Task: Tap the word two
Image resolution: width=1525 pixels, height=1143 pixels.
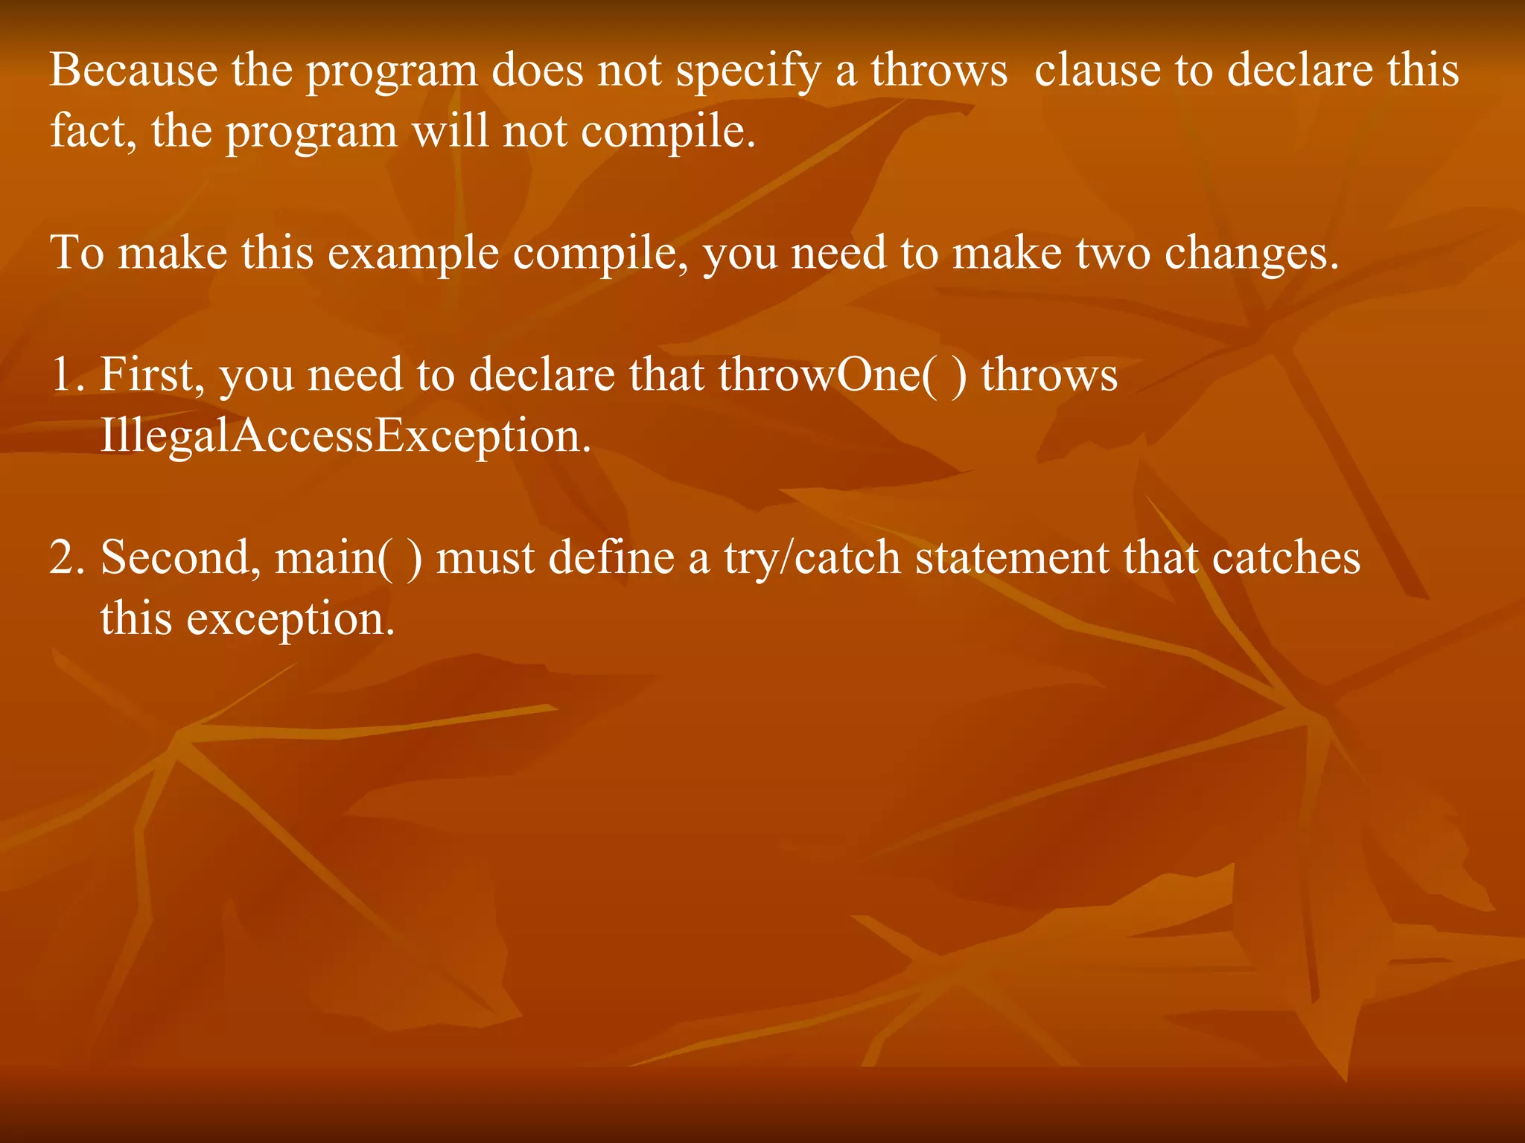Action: click(1112, 253)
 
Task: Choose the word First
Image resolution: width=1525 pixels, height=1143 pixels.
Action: click(152, 374)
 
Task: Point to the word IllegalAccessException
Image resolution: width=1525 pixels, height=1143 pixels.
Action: click(345, 436)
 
